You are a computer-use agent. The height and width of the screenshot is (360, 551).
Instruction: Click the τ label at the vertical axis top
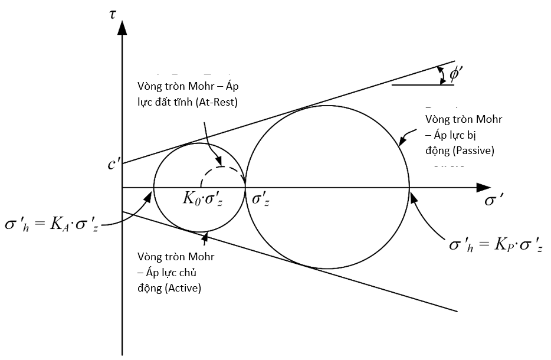tap(113, 14)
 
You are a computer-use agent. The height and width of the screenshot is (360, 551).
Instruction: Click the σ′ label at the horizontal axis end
tap(494, 201)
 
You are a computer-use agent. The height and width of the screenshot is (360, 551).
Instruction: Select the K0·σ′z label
tap(203, 199)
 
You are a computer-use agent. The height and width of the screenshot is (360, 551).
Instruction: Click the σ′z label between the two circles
tap(260, 199)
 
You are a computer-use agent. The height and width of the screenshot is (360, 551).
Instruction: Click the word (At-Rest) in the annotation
tap(218, 102)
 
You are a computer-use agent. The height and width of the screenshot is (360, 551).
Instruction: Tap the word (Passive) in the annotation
tap(473, 150)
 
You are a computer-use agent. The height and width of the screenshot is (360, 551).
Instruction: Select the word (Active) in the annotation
tap(183, 288)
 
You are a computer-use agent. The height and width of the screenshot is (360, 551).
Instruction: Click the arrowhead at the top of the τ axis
tap(122, 28)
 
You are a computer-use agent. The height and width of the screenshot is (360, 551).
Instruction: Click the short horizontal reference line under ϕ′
tap(423, 85)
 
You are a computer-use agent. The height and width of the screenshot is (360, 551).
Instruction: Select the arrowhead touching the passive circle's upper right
tap(402, 141)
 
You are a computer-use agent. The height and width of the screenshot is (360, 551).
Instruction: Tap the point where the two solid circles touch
tap(245, 187)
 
